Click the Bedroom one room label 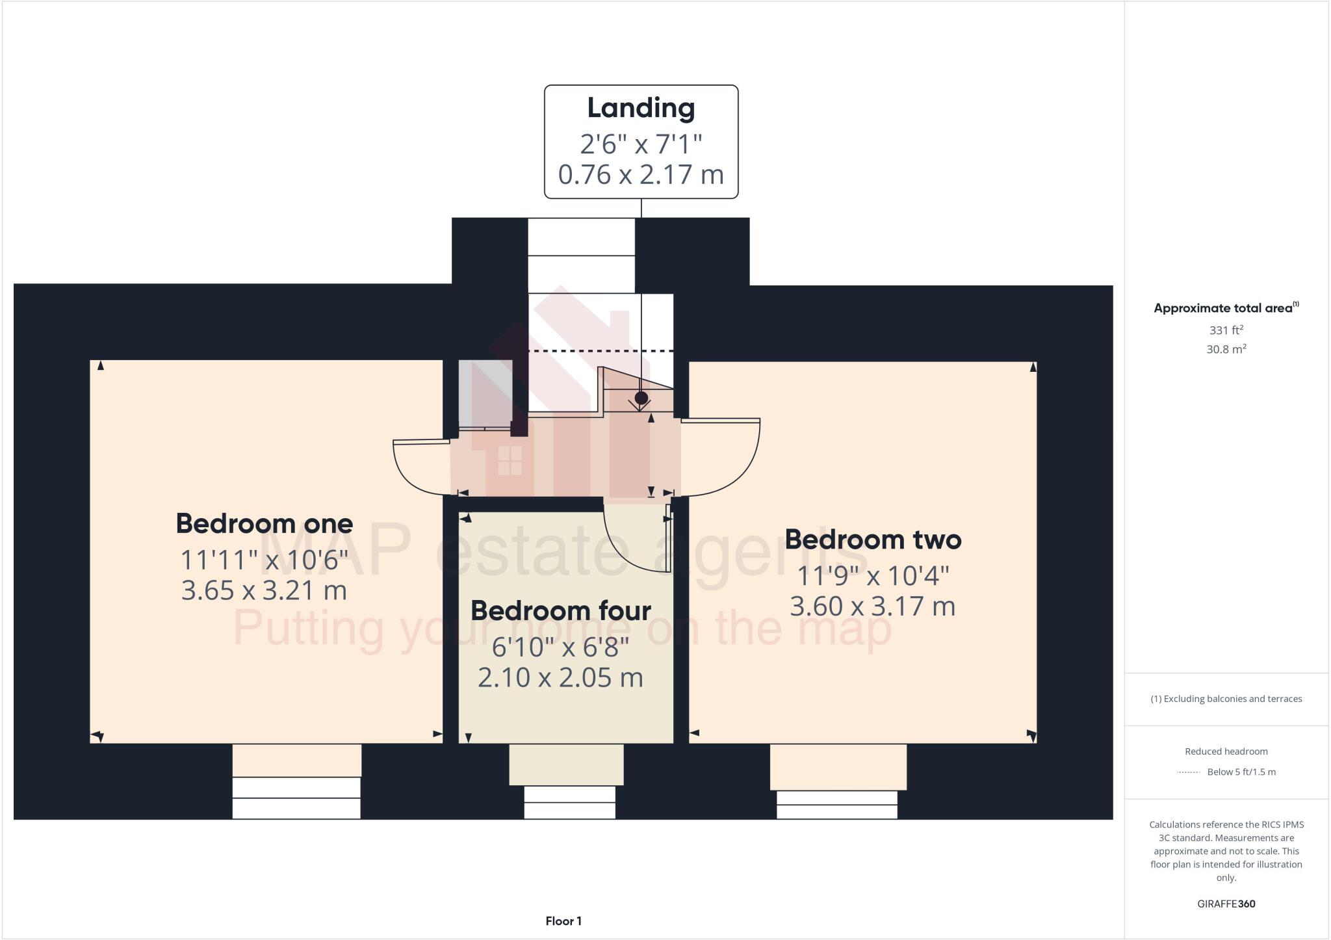[264, 524]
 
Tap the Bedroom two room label [872, 540]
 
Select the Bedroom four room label [560, 611]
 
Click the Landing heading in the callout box [641, 108]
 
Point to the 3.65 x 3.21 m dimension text [264, 590]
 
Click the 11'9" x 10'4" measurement [872, 575]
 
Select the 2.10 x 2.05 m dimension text [560, 678]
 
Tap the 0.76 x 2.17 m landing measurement [641, 174]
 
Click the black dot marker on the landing [641, 398]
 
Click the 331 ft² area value [1226, 330]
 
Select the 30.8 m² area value [1226, 349]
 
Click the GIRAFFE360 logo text [1226, 904]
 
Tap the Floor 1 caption [563, 921]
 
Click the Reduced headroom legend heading [1226, 751]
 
